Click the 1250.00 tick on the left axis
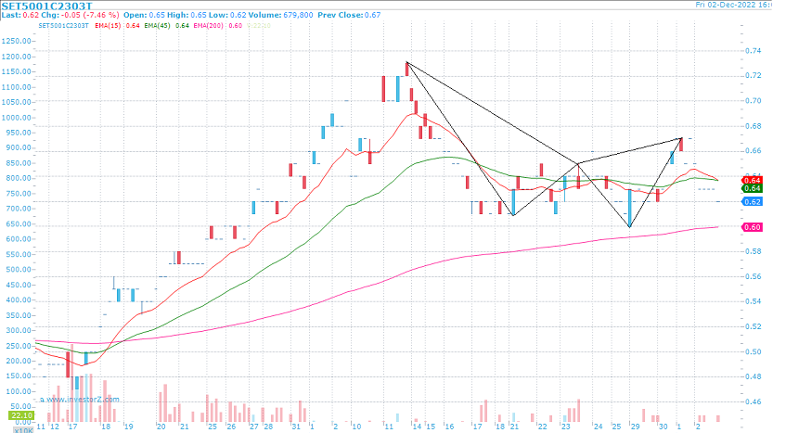pyautogui.click(x=16, y=41)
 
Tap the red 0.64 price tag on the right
pyautogui.click(x=753, y=179)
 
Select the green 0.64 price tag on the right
pyautogui.click(x=753, y=188)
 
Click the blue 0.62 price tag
pyautogui.click(x=753, y=201)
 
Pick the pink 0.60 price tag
pyautogui.click(x=753, y=227)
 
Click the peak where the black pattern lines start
pyautogui.click(x=406, y=62)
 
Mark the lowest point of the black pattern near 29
pyautogui.click(x=629, y=227)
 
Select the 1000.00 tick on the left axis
pyautogui.click(x=16, y=117)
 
